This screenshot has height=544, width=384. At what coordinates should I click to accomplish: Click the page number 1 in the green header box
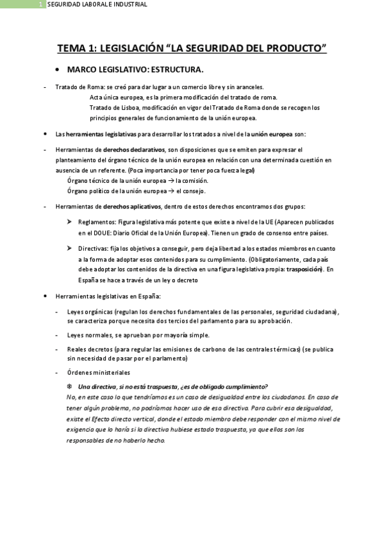click(40, 4)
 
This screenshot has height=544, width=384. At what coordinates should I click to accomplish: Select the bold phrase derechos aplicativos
click(132, 207)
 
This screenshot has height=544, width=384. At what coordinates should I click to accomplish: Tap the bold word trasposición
click(305, 269)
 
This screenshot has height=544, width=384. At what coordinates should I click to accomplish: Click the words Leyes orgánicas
click(86, 311)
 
